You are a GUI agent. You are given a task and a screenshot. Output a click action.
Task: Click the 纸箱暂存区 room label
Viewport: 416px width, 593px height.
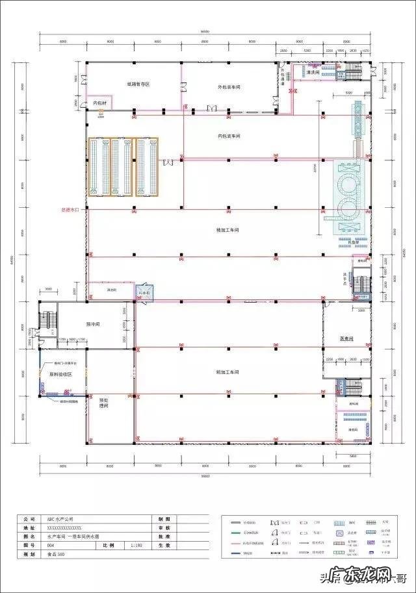[x=138, y=84]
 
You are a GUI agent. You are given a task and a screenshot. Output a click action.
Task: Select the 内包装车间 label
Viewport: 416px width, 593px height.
[x=229, y=136]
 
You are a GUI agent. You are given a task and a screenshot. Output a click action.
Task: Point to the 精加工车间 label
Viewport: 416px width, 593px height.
[x=228, y=230]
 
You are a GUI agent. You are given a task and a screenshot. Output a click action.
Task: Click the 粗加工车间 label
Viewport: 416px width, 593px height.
[x=227, y=372]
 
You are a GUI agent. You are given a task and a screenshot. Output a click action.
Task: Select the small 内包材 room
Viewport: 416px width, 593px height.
[x=100, y=103]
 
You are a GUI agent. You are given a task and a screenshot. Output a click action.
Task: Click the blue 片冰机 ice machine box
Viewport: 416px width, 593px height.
[x=142, y=293]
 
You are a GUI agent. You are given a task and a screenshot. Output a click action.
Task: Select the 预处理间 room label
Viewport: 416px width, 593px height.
[x=103, y=403]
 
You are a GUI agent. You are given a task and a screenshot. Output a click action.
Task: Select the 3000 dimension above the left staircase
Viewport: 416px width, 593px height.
[x=48, y=289]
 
